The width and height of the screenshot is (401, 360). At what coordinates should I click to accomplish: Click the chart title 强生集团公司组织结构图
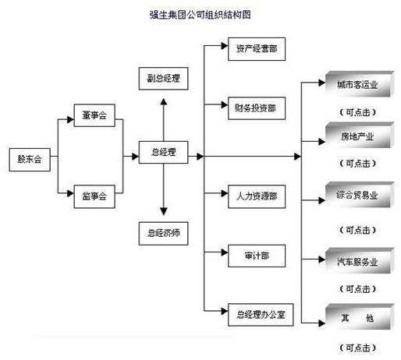[x=200, y=15]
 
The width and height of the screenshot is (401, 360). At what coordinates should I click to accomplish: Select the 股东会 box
[x=30, y=160]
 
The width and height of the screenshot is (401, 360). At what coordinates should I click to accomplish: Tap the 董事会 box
[x=94, y=115]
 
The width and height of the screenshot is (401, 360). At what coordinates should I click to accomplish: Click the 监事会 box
[x=94, y=196]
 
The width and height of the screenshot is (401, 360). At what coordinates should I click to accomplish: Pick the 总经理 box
[x=163, y=152]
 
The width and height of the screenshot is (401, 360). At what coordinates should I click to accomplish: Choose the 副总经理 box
[x=163, y=79]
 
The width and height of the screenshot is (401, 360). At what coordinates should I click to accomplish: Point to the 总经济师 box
[x=163, y=233]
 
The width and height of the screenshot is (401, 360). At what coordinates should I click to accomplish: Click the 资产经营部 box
[x=257, y=49]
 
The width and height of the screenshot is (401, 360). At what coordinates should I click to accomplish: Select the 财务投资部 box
[x=257, y=108]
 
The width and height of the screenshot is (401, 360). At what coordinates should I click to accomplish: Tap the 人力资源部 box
[x=257, y=196]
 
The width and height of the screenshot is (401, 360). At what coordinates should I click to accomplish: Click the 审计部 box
[x=257, y=256]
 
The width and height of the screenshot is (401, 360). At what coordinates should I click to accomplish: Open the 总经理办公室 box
[x=261, y=315]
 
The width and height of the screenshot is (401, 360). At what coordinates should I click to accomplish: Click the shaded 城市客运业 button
[x=360, y=84]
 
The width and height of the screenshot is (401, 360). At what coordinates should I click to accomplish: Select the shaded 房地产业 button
[x=360, y=135]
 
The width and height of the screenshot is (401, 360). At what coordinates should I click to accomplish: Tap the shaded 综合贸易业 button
[x=360, y=195]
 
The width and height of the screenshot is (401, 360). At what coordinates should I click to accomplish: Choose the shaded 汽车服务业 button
[x=360, y=260]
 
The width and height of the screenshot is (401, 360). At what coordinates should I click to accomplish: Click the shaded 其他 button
[x=360, y=316]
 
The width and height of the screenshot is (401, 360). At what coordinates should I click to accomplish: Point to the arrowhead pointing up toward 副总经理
[x=164, y=101]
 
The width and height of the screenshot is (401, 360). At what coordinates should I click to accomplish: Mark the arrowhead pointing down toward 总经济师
[x=164, y=212]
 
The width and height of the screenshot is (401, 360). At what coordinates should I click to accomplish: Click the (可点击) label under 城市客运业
[x=358, y=112]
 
